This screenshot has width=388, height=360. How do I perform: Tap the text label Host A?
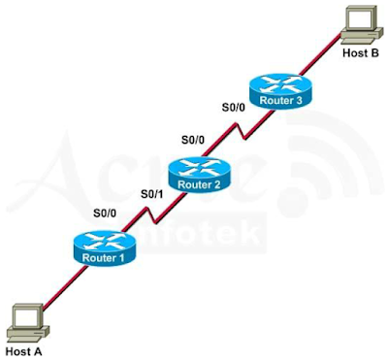(x=25, y=350)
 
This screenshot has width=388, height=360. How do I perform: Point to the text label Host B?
(x=361, y=52)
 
